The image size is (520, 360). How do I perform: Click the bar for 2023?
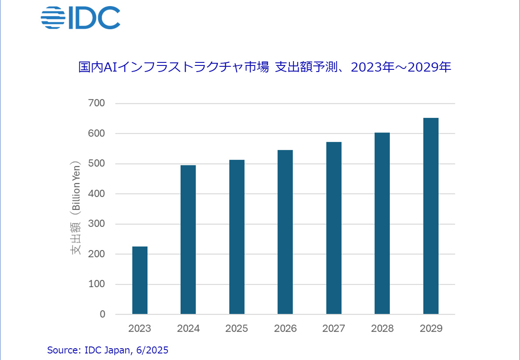click(x=140, y=280)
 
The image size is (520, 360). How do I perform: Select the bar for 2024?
click(x=188, y=240)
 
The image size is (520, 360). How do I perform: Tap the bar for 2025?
click(x=237, y=237)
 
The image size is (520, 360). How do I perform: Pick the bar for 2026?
click(x=285, y=232)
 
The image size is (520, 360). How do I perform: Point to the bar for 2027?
click(x=334, y=228)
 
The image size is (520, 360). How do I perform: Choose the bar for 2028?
click(x=382, y=223)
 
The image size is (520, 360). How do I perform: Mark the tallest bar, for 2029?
click(x=430, y=216)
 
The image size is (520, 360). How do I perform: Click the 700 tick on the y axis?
click(x=96, y=103)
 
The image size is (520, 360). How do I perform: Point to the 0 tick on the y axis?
click(x=102, y=314)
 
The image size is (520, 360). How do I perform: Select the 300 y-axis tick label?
click(x=96, y=224)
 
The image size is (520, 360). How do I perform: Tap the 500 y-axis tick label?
click(x=96, y=164)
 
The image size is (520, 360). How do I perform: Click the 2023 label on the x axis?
click(x=140, y=329)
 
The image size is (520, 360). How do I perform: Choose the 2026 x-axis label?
click(x=285, y=329)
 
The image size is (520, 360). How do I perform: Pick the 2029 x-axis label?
click(x=430, y=329)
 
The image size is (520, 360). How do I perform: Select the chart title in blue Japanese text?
click(x=265, y=68)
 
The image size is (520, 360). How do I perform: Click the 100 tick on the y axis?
click(x=96, y=284)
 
